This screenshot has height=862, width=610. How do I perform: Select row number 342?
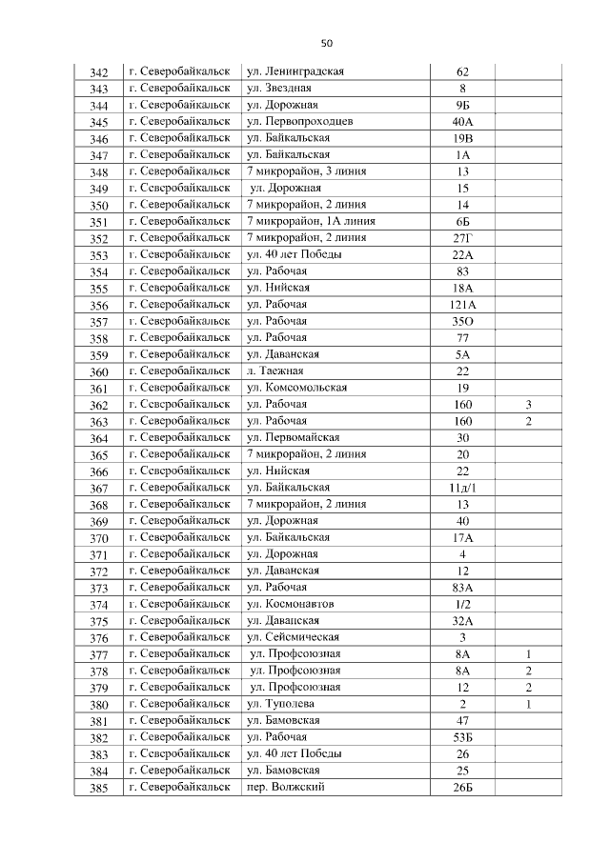pyautogui.click(x=98, y=73)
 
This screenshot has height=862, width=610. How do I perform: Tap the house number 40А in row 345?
pyautogui.click(x=463, y=122)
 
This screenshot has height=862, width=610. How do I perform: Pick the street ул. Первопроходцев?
pyautogui.click(x=300, y=122)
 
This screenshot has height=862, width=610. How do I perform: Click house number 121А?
pyautogui.click(x=463, y=305)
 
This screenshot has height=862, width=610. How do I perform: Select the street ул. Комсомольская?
pyautogui.click(x=296, y=388)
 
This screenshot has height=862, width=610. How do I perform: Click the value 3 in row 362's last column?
pyautogui.click(x=528, y=405)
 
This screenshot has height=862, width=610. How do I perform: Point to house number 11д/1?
pyautogui.click(x=463, y=488)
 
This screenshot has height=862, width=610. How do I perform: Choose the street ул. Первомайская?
pyautogui.click(x=294, y=437)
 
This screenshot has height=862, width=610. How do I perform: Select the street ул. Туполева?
pyautogui.click(x=281, y=704)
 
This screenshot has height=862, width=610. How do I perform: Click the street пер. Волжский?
pyautogui.click(x=286, y=787)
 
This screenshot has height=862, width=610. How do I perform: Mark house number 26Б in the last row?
pyautogui.click(x=463, y=788)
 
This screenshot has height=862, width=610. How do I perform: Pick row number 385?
pyautogui.click(x=98, y=788)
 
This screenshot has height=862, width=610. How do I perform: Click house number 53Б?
pyautogui.click(x=463, y=737)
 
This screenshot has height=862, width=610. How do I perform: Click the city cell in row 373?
pyautogui.click(x=179, y=588)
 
